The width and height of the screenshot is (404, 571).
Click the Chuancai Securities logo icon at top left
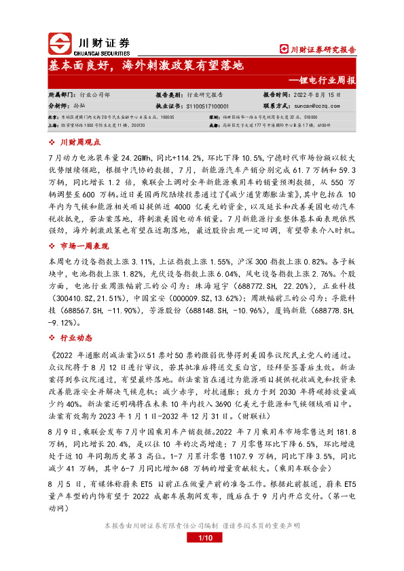60,44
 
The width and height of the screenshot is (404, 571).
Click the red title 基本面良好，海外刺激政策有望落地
145,66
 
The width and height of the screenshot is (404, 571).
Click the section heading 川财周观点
79,143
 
